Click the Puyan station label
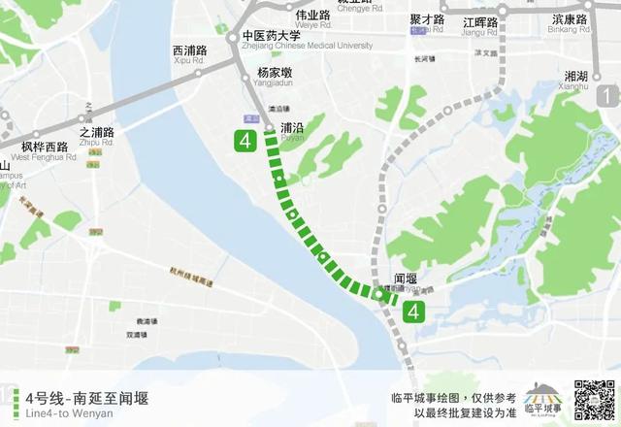(292, 130)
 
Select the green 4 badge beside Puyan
(245, 142)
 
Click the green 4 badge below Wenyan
(414, 312)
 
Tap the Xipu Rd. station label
(191, 54)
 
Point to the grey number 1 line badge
(608, 95)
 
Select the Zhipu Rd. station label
(97, 136)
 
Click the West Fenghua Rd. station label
(49, 151)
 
